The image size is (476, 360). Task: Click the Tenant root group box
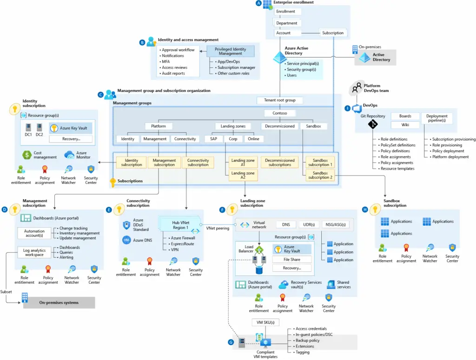tap(280, 100)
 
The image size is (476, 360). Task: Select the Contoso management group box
tap(280, 113)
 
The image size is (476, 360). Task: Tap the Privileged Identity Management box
tap(231, 51)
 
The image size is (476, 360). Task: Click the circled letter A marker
tap(259, 3)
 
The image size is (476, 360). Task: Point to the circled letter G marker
tap(231, 342)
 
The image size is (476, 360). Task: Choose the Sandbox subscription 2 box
tap(320, 175)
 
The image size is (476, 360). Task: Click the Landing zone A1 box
tap(243, 162)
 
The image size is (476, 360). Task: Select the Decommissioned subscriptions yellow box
tap(280, 162)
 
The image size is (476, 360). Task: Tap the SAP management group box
tap(213, 138)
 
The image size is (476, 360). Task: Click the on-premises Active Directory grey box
tap(376, 57)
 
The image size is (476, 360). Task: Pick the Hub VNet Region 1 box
tap(180, 225)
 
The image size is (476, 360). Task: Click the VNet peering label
tap(218, 228)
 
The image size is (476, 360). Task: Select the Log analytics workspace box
tap(34, 252)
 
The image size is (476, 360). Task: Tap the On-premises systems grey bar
tap(59, 303)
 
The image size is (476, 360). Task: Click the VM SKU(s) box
tap(265, 322)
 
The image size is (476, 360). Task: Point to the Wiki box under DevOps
tap(405, 125)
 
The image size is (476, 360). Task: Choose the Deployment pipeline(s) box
tap(436, 118)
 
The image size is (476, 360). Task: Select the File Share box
tap(292, 259)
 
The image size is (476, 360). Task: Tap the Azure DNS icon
tap(126, 240)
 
